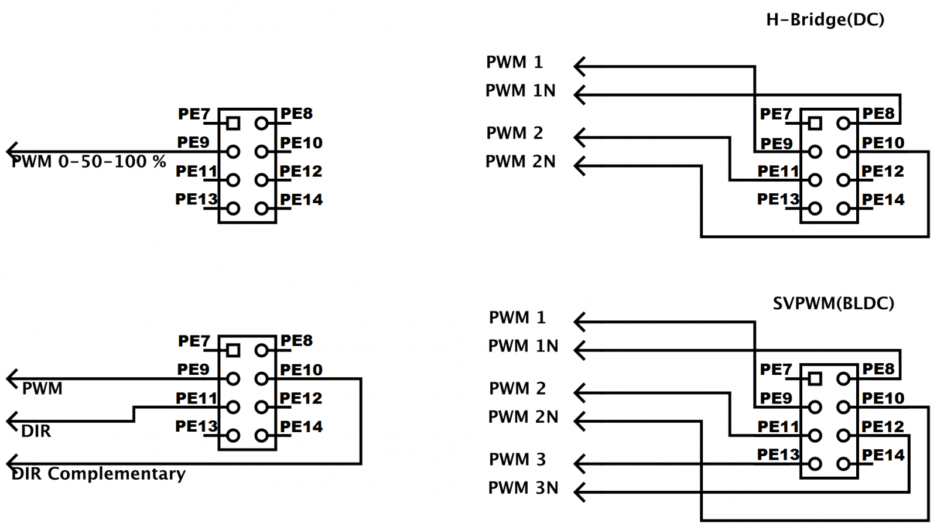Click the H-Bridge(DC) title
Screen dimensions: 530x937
(825, 20)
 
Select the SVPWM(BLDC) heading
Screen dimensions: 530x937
(833, 303)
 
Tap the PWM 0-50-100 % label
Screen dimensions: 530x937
(88, 162)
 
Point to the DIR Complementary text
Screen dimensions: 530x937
(98, 474)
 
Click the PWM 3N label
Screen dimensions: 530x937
(523, 488)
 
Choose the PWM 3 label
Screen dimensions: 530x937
(517, 460)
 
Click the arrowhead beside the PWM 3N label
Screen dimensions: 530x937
(579, 492)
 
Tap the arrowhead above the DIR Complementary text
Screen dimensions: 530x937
(12, 464)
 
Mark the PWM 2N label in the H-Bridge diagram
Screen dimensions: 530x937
(520, 162)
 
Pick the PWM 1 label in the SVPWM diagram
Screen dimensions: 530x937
(517, 318)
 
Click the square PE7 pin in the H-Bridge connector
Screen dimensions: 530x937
(815, 124)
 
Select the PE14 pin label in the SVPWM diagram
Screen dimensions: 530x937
(883, 455)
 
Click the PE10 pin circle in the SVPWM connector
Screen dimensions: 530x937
(843, 407)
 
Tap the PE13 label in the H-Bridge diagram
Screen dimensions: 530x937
(778, 200)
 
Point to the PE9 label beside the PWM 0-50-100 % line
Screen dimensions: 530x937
(193, 143)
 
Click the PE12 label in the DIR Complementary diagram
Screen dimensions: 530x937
(300, 399)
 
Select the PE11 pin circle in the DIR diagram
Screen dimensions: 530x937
(233, 407)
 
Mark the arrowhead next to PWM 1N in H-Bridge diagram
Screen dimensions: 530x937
(579, 95)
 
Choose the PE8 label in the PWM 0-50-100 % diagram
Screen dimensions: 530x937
(296, 114)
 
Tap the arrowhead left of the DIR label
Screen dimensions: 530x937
(12, 421)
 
